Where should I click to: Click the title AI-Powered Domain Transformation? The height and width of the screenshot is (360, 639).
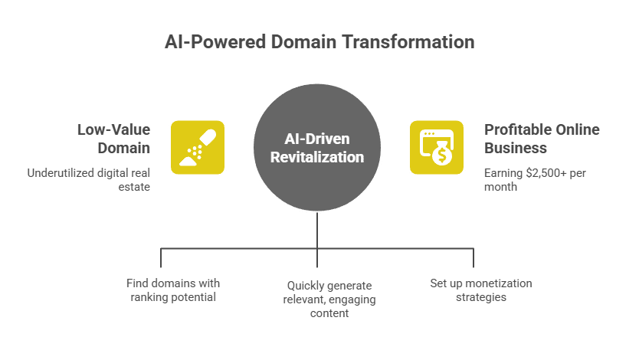pyautogui.click(x=319, y=41)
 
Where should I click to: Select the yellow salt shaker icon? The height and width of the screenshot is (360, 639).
pyautogui.click(x=197, y=147)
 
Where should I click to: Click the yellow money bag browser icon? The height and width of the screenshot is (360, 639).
pyautogui.click(x=436, y=147)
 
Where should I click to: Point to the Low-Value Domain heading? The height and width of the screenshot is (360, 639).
pyautogui.click(x=113, y=139)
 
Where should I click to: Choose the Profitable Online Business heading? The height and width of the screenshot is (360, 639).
pyautogui.click(x=541, y=139)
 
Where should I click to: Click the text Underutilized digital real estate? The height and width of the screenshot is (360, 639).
pyautogui.click(x=88, y=179)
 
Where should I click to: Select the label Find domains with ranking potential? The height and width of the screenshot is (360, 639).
pyautogui.click(x=172, y=290)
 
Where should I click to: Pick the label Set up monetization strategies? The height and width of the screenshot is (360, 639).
pyautogui.click(x=480, y=290)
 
